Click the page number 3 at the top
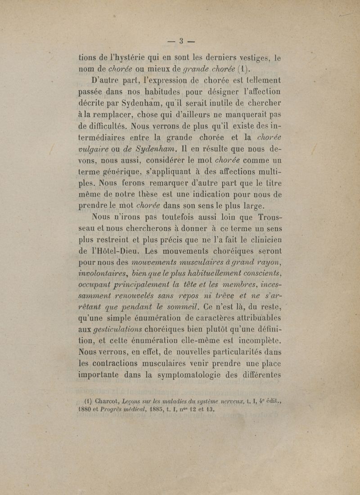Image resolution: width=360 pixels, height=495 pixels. point(180,42)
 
